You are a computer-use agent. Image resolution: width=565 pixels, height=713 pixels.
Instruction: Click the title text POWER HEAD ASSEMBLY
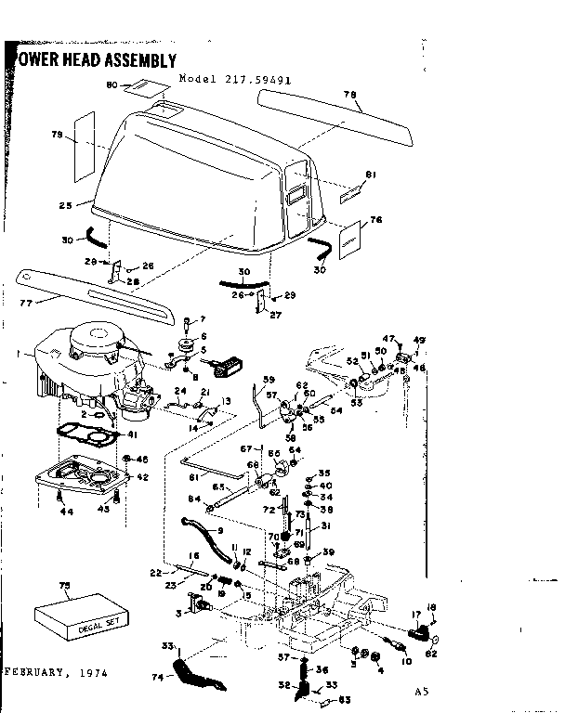point(93,61)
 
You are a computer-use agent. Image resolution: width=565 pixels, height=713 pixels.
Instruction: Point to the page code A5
point(424,692)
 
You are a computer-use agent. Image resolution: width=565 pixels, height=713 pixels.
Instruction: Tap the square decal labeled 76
point(348,238)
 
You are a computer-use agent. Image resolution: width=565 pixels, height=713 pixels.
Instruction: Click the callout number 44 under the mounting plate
point(64,511)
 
